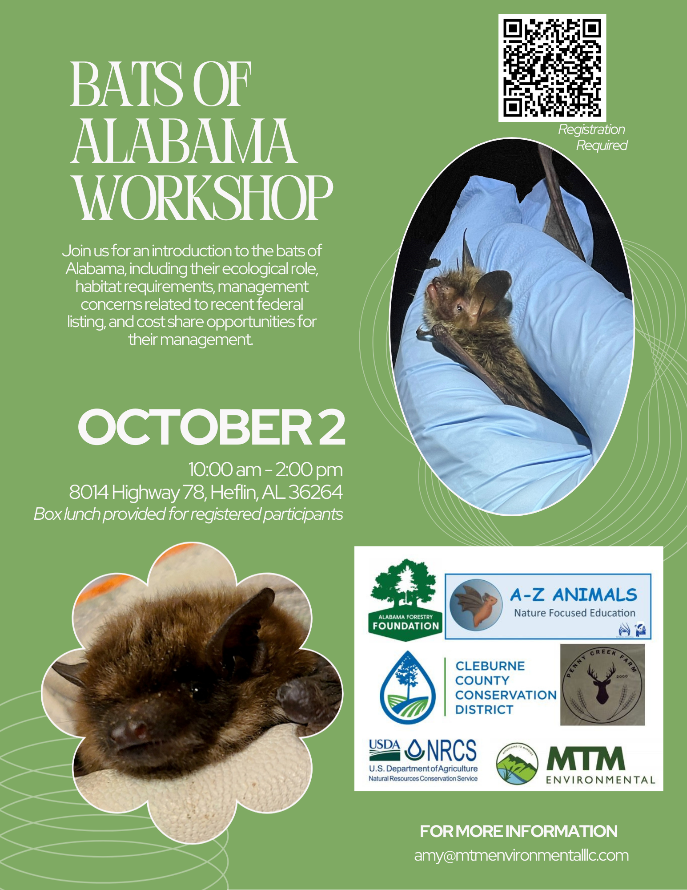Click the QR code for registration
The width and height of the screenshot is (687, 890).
[x=552, y=68]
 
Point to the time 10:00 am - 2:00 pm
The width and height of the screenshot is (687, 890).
[x=265, y=469]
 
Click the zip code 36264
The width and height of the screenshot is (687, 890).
[x=315, y=492]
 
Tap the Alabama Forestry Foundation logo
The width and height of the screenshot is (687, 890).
[x=405, y=599]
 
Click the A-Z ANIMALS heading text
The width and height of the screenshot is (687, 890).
[x=573, y=595]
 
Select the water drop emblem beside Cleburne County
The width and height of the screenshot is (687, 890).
[x=408, y=688]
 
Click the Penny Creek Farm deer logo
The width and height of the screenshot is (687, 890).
[x=602, y=684]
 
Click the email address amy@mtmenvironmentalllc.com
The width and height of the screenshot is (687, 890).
[x=521, y=855]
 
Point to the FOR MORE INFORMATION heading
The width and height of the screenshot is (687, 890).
[x=518, y=831]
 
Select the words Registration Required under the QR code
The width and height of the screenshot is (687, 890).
[x=593, y=137]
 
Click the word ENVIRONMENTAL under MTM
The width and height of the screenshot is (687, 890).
[x=600, y=780]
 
